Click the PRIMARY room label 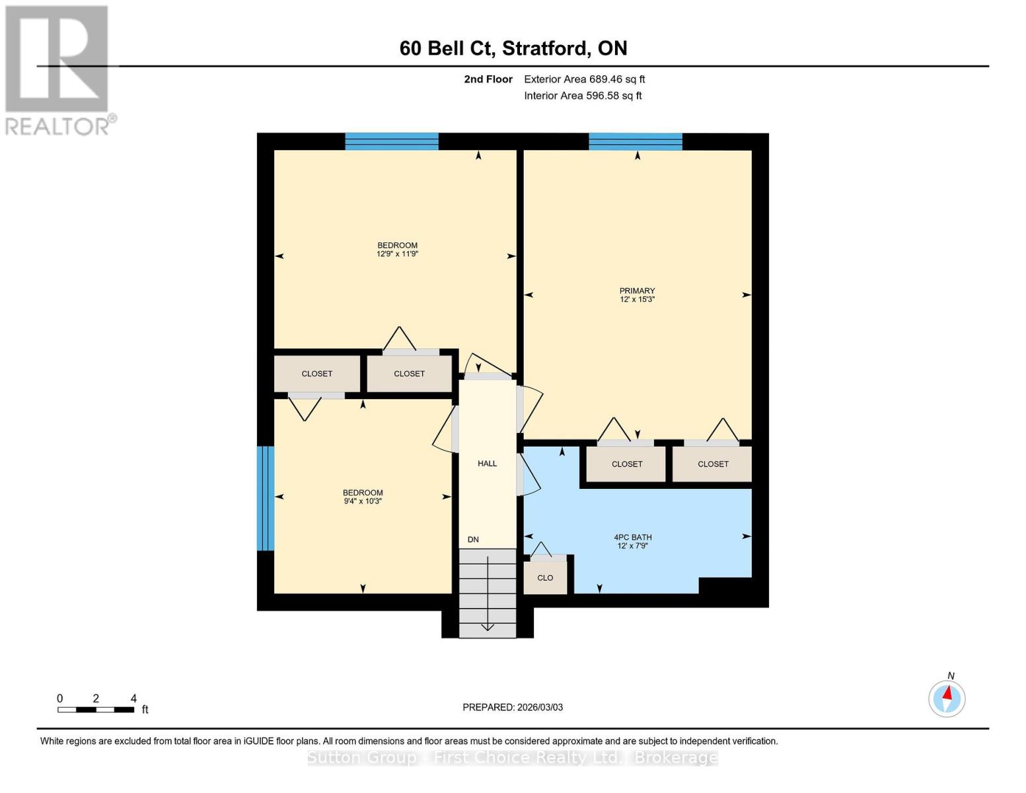coord(637,291)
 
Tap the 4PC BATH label coord(632,537)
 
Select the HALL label coord(487,463)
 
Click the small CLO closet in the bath coord(545,578)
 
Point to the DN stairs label coord(473,539)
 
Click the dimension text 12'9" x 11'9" coord(397,254)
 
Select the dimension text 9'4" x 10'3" coord(362,501)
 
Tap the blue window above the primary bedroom coord(635,141)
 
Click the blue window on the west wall coord(265,498)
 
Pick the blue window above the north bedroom coord(392,141)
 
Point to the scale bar coord(96,709)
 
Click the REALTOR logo coord(58,69)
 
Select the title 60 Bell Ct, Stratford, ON coord(513,48)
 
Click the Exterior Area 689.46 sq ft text coord(584,79)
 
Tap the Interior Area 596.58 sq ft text coord(583,96)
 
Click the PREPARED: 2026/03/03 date coord(513,707)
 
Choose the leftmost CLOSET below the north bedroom coord(317,373)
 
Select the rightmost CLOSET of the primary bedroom coord(713,464)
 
